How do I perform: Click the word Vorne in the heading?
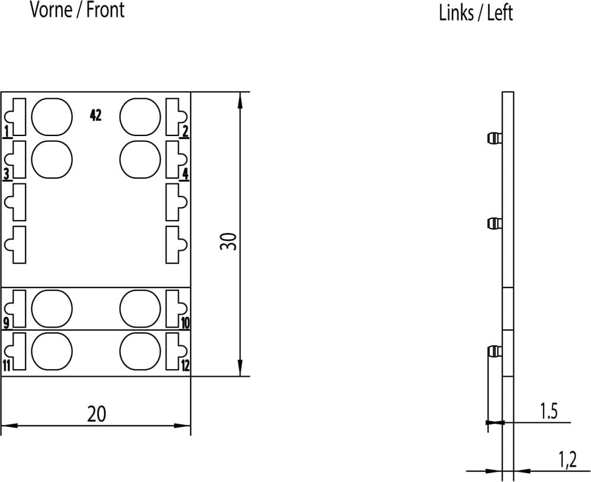tap(51, 10)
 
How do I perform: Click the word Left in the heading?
tap(500, 13)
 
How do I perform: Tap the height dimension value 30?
tap(229, 241)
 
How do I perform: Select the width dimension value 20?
tap(97, 414)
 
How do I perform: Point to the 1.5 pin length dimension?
tap(549, 411)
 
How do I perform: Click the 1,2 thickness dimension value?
tap(567, 460)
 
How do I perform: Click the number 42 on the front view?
tap(96, 115)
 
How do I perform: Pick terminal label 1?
tap(7, 132)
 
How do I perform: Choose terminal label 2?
tap(185, 132)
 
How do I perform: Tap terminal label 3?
tap(7, 174)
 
